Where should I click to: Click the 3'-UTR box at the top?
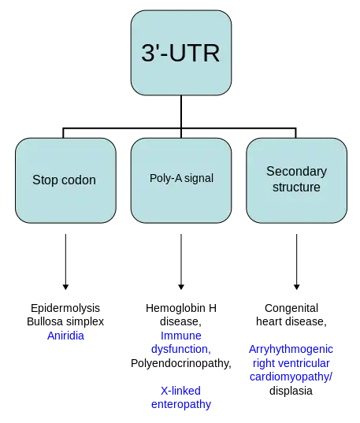[x=181, y=53]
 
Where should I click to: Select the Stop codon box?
[x=65, y=180]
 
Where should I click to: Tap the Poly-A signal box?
[x=181, y=180]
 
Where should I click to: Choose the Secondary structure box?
[x=296, y=180]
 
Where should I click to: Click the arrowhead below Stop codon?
[x=65, y=287]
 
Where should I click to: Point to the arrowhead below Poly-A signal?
[x=181, y=287]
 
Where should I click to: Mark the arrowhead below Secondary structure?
[x=296, y=287]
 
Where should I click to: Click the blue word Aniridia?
[x=65, y=336]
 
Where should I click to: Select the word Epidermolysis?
[x=65, y=308]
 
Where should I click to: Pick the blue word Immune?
[x=181, y=336]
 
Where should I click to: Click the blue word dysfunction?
[x=180, y=349]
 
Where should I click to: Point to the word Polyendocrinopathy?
[x=180, y=363]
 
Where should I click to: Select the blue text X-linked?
[x=180, y=391]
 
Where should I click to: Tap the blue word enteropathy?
[x=181, y=404]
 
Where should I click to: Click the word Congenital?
[x=291, y=308]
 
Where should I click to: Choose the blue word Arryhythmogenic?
[x=291, y=350]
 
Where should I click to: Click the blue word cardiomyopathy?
[x=290, y=377]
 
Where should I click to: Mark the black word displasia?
[x=291, y=391]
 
